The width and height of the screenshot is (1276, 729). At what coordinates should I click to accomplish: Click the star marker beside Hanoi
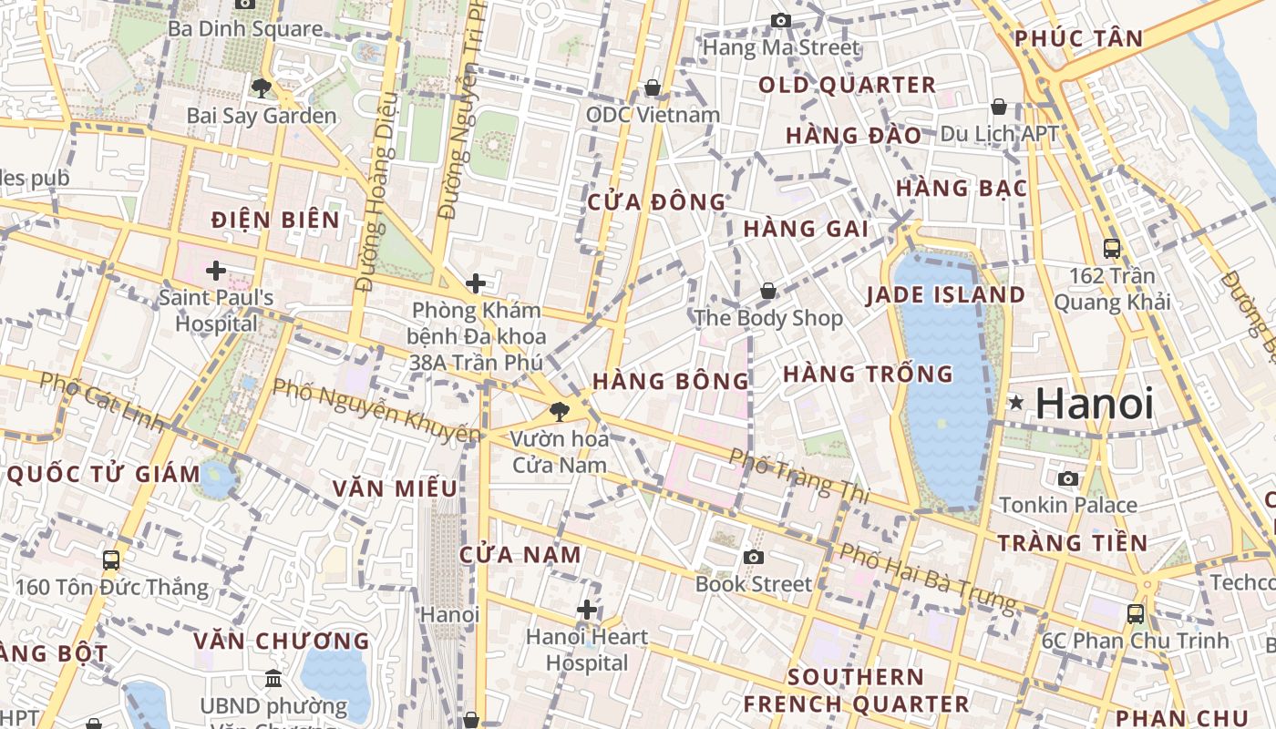coord(1016,402)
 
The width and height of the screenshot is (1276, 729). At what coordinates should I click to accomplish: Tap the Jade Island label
coord(945,295)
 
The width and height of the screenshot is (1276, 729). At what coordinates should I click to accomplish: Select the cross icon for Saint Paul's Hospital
coord(216,271)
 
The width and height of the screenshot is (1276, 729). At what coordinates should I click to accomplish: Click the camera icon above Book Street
coord(753,557)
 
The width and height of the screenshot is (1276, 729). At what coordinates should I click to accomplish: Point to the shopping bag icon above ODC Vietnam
coord(653,87)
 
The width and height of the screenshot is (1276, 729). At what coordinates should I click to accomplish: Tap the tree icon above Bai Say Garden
coord(262,88)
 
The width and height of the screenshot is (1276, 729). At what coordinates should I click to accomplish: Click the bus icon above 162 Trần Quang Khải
coord(1112,248)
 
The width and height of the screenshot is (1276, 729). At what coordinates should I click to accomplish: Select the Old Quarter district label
coord(847,86)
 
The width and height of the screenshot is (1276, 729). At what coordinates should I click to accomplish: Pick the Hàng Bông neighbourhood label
coord(670,382)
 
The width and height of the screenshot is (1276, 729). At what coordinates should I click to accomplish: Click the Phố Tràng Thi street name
coord(800,476)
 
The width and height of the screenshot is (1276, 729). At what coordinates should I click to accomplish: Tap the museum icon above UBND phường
coord(273,678)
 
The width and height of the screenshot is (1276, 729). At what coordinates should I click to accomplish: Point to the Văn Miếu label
coord(394,488)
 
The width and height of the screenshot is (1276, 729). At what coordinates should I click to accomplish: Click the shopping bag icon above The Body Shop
coord(768,292)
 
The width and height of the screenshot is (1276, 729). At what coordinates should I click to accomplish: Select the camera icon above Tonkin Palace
coord(1068,478)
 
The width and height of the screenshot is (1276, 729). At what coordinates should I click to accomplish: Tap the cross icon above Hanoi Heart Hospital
coord(587,609)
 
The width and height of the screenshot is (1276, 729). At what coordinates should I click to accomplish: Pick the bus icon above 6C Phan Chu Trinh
coord(1136,613)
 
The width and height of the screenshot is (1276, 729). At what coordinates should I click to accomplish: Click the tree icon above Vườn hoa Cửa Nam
coord(559,412)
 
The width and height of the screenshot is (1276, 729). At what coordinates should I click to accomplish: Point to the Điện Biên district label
coord(275,220)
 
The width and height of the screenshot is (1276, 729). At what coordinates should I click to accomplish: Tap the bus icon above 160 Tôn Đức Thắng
coord(111,560)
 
